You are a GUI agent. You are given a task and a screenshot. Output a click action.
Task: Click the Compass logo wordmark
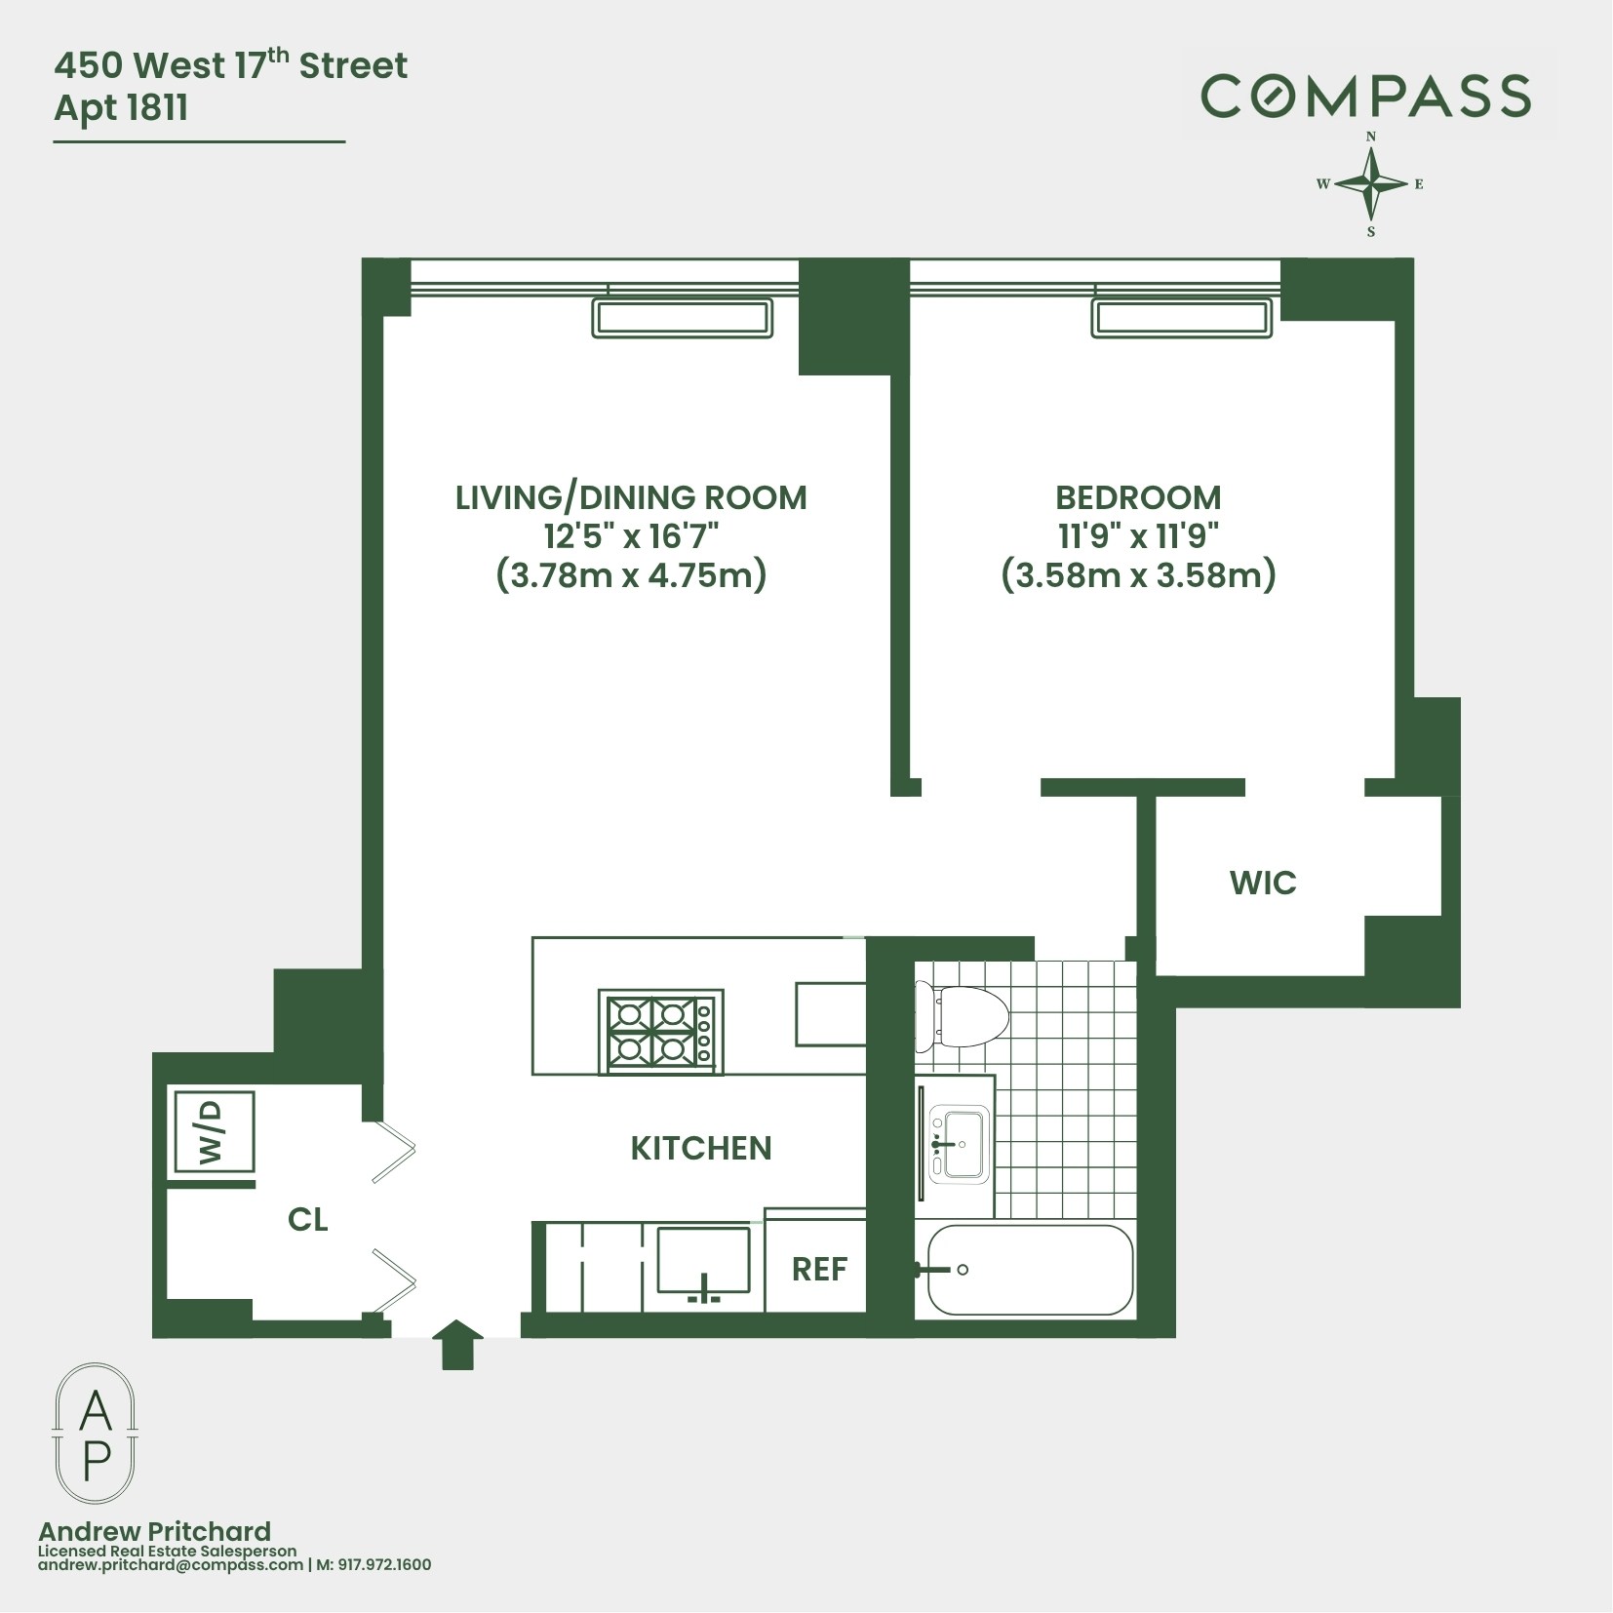1365,97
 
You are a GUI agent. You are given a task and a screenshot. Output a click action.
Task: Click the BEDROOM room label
1138,497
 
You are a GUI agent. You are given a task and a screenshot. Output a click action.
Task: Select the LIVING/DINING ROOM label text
631,497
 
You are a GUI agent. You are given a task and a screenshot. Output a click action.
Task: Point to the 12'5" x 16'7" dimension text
631,536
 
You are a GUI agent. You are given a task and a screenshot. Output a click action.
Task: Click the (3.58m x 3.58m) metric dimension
1138,575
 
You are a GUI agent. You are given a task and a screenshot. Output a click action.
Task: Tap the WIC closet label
1263,883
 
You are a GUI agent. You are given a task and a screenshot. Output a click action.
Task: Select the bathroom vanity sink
959,1143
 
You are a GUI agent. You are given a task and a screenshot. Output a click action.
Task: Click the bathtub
1030,1270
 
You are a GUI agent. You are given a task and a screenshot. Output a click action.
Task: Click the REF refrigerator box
818,1269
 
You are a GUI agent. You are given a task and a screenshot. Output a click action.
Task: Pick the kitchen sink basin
703,1260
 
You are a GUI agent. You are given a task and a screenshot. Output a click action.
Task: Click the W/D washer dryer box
214,1132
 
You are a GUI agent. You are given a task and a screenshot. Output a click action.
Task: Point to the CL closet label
307,1220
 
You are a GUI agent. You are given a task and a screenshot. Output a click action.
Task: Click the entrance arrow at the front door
456,1346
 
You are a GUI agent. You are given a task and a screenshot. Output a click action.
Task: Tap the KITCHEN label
700,1148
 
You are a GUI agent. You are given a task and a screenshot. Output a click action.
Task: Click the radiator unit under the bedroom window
1182,319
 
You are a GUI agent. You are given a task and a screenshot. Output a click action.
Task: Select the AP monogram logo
95,1435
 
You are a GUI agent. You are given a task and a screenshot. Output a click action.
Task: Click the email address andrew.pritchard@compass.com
171,1565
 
